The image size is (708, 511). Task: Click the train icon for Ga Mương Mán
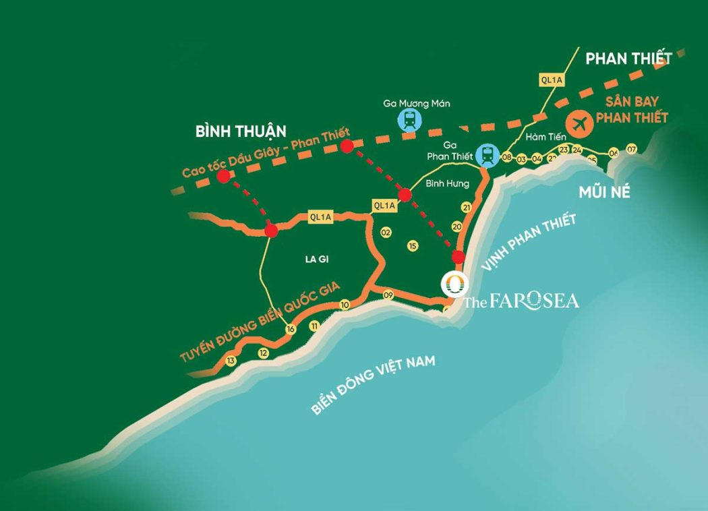[409, 121]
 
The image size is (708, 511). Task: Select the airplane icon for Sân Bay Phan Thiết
[579, 123]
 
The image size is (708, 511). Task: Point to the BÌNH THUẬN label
[241, 131]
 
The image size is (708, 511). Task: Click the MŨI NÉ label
[604, 193]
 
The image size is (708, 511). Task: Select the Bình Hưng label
[447, 183]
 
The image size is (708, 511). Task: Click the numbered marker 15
[413, 246]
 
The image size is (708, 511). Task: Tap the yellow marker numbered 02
[386, 233]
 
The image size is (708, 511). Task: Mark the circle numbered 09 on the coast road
[388, 295]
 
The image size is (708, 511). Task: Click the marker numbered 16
[291, 329]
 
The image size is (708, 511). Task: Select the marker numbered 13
[231, 361]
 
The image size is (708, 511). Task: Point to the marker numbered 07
[631, 149]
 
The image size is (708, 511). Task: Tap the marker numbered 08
[506, 158]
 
